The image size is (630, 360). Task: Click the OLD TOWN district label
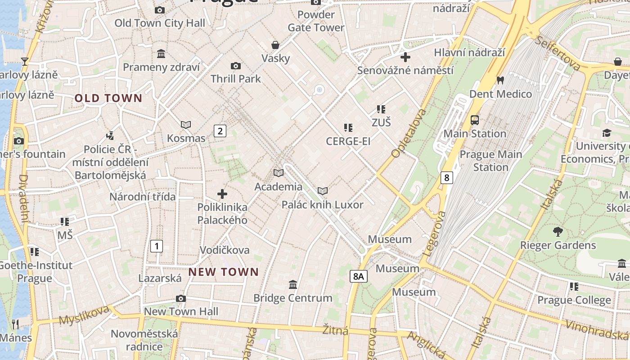tap(108, 98)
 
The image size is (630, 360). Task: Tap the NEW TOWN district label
tap(223, 272)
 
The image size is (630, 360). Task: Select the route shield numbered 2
tap(220, 131)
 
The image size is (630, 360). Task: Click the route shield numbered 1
tap(156, 246)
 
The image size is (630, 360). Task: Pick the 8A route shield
tap(358, 276)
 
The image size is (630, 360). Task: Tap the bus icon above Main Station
tap(475, 120)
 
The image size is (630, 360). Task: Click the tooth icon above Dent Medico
tap(500, 81)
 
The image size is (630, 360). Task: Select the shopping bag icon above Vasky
tap(275, 45)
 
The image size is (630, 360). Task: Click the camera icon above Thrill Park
tap(235, 66)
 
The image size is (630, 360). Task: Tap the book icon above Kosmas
tap(186, 125)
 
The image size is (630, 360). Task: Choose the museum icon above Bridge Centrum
tap(293, 284)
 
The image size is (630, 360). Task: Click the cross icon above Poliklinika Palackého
tap(222, 194)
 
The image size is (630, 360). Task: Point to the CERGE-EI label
tap(348, 141)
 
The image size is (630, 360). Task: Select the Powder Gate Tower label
tap(316, 21)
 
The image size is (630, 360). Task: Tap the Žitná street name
tap(335, 330)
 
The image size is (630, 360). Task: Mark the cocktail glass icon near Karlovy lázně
tap(25, 62)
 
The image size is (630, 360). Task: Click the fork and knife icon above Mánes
tap(15, 324)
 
